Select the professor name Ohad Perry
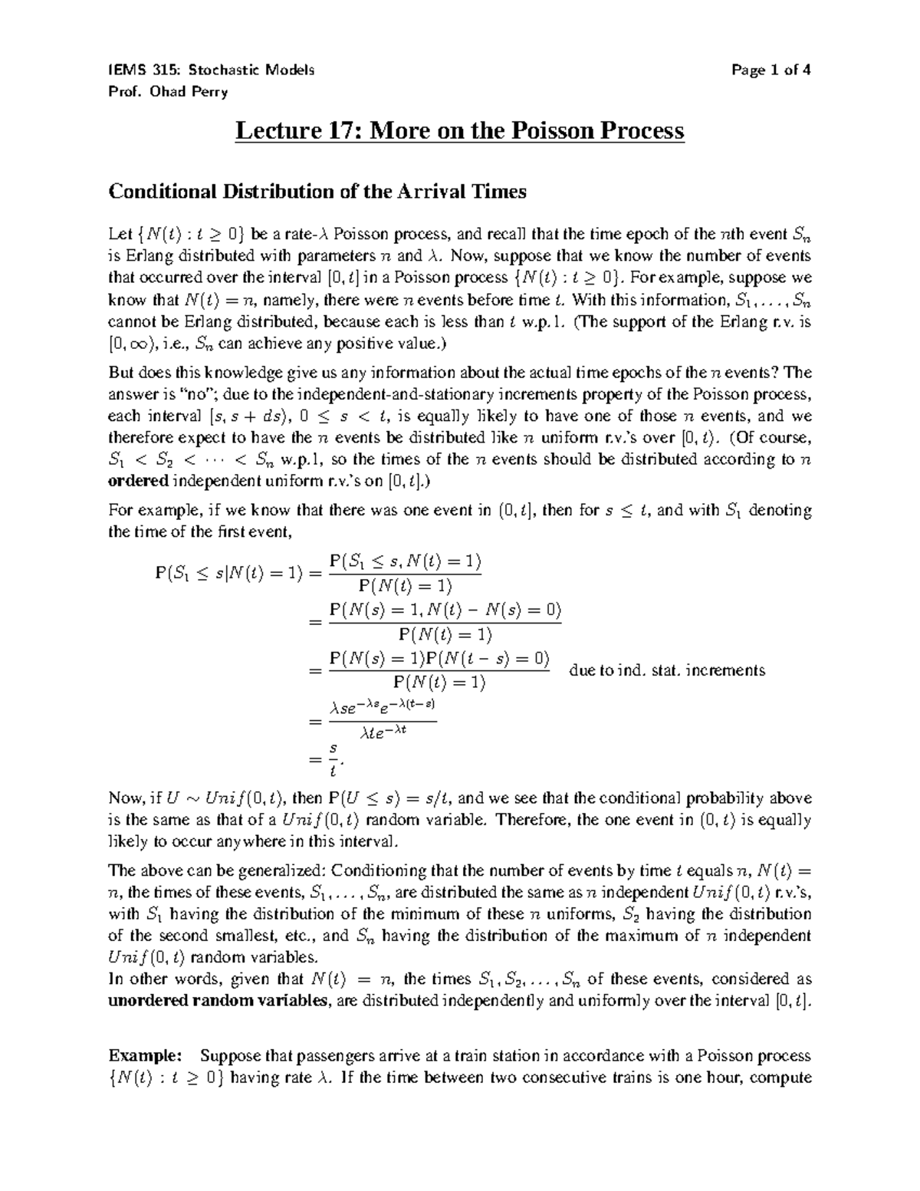(x=186, y=92)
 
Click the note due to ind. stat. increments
(x=667, y=670)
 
